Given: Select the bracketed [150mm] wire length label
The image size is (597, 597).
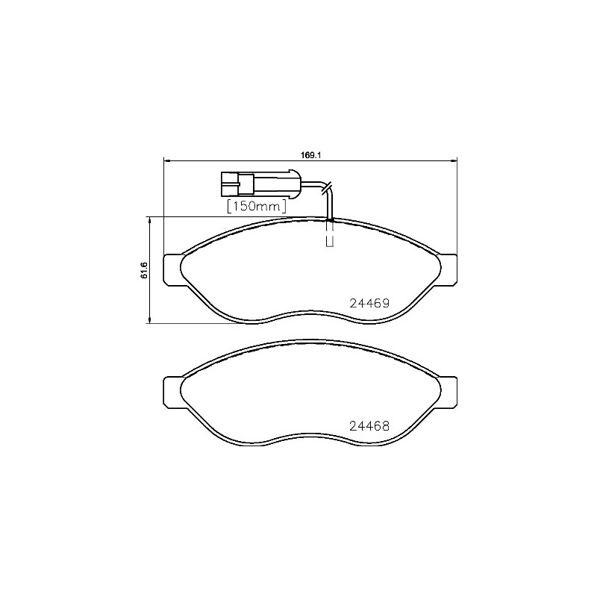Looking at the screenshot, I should [257, 205].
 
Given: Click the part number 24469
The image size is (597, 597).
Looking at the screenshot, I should [369, 304].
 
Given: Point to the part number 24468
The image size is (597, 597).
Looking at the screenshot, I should [369, 428].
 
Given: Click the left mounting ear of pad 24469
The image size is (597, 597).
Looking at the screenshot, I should [172, 269].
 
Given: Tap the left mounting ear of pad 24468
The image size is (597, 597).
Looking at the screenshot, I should [172, 391].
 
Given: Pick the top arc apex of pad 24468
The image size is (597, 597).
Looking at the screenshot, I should [310, 341].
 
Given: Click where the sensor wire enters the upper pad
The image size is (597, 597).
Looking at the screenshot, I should [330, 219].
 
